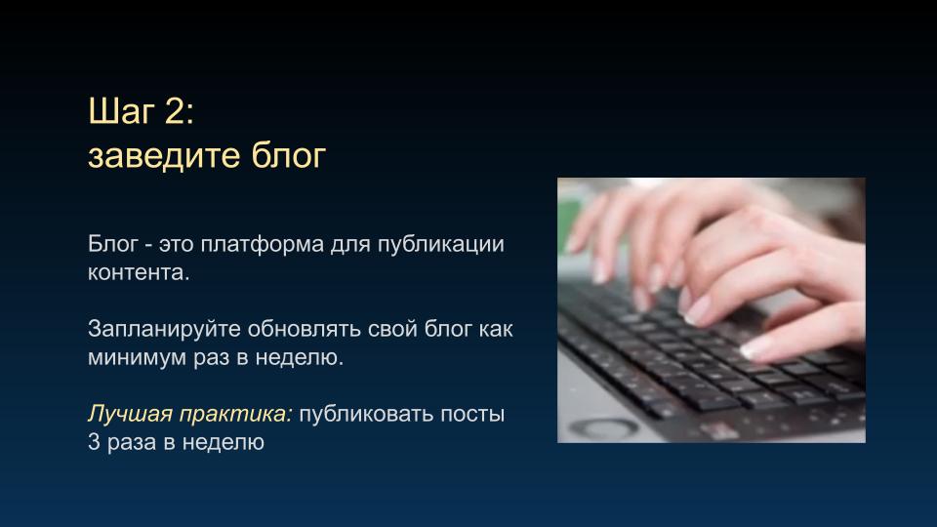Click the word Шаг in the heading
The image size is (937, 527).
tap(121, 111)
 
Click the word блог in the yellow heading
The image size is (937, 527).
tap(288, 155)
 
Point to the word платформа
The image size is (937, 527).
tap(262, 244)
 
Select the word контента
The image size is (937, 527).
tap(138, 272)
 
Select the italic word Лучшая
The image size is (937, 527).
tap(130, 414)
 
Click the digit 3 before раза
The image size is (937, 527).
tap(94, 442)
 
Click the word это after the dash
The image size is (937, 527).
tap(177, 244)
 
